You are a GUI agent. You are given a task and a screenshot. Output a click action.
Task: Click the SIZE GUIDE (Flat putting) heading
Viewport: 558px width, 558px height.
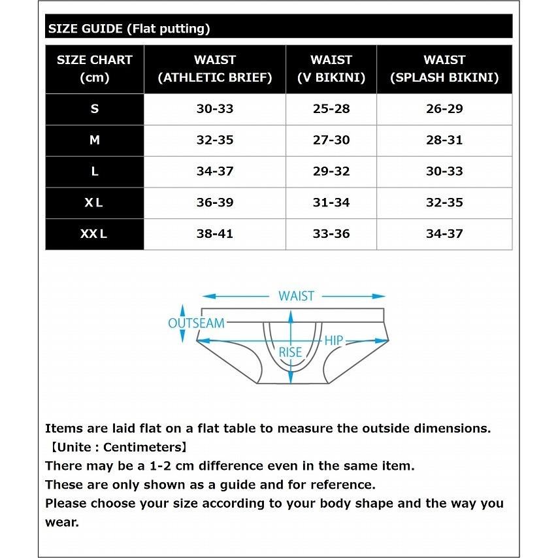click(129, 29)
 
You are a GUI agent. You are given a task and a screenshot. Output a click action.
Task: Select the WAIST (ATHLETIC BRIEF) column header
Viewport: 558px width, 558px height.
click(215, 69)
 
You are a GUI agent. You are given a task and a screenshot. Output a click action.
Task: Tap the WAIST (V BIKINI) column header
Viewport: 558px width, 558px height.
click(331, 69)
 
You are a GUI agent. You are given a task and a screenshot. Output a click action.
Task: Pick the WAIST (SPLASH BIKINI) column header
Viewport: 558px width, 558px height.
click(444, 69)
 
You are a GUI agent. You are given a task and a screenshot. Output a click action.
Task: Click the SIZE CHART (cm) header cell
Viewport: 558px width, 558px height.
click(95, 69)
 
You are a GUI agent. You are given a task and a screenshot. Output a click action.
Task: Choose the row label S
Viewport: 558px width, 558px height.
click(95, 109)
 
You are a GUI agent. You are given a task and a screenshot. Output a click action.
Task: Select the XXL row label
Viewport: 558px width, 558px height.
click(94, 234)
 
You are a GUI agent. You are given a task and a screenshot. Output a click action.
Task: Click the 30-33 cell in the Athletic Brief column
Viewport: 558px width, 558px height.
click(215, 109)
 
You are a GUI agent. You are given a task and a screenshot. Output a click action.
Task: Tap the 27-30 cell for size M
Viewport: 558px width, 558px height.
click(331, 140)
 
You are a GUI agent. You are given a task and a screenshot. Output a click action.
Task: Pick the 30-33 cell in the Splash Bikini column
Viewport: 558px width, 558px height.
click(444, 172)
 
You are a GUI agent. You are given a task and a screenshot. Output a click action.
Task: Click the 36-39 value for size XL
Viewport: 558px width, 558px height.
click(215, 203)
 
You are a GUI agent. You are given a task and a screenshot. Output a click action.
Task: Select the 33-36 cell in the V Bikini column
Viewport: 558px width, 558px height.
click(331, 234)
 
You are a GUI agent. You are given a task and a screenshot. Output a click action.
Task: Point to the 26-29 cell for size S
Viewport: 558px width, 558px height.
click(444, 109)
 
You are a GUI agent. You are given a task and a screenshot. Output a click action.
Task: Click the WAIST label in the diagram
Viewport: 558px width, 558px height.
click(296, 296)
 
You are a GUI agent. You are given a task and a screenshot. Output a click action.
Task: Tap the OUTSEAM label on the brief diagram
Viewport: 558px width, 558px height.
click(196, 323)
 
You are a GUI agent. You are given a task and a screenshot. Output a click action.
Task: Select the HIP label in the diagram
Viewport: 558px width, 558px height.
click(334, 340)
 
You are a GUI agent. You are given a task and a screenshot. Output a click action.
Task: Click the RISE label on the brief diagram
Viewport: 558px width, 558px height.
click(291, 352)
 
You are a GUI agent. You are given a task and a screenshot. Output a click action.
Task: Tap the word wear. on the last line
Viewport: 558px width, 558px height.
click(61, 523)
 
